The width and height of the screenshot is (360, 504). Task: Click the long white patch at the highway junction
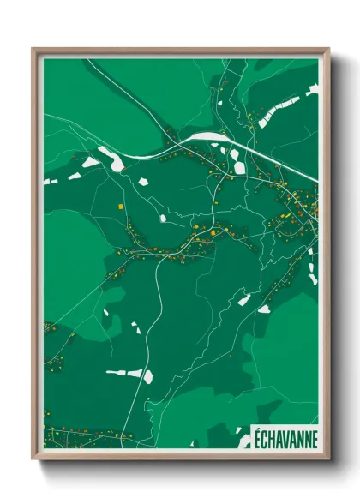[206, 136]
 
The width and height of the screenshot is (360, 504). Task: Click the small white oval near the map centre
[163, 219]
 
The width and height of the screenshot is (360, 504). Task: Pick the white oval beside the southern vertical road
[148, 375]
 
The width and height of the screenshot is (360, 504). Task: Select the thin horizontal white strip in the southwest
[123, 373]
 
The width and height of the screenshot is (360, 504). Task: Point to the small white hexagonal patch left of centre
[90, 161]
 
